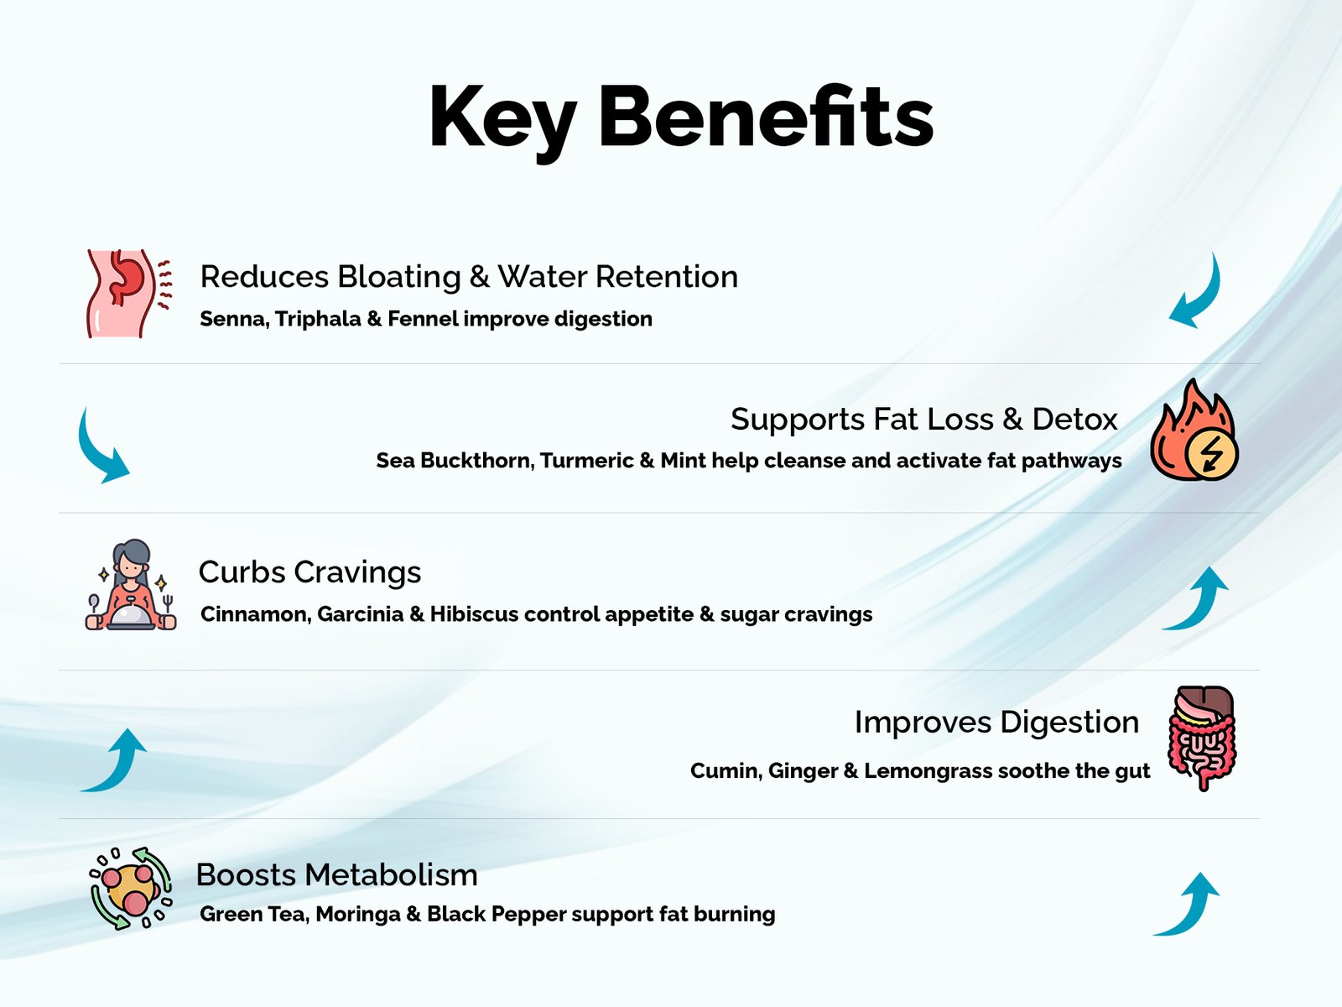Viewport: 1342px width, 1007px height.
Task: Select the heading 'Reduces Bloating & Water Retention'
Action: coord(469,276)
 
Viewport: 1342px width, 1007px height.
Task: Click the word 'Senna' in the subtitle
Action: coord(235,319)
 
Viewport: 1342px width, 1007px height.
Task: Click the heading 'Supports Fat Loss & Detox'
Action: coord(923,420)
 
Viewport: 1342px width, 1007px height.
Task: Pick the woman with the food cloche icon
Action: coord(130,585)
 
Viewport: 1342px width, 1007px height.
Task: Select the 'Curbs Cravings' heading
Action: coord(309,573)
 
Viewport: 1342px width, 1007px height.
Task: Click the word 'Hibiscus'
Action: coord(474,614)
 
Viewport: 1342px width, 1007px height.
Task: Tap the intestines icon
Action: coord(1202,738)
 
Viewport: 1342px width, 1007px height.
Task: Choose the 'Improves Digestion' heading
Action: coord(996,722)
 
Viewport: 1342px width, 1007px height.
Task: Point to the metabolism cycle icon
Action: coord(131,889)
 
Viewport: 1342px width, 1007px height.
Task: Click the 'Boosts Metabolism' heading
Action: coord(337,875)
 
